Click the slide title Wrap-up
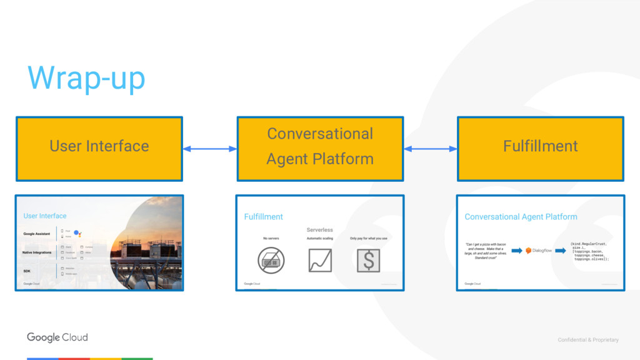86,78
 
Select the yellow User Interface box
99,148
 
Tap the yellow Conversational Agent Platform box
320,148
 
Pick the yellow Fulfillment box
541,148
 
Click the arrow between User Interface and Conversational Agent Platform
209,149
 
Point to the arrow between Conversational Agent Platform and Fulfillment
431,149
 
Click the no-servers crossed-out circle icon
271,260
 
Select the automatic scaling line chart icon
320,260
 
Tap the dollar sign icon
368,260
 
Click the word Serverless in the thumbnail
319,230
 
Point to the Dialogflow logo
538,251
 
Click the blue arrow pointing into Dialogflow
517,251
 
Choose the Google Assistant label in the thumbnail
37,234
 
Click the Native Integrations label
37,252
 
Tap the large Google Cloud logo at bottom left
57,337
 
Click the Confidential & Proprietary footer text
588,340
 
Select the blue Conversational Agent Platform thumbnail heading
521,217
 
